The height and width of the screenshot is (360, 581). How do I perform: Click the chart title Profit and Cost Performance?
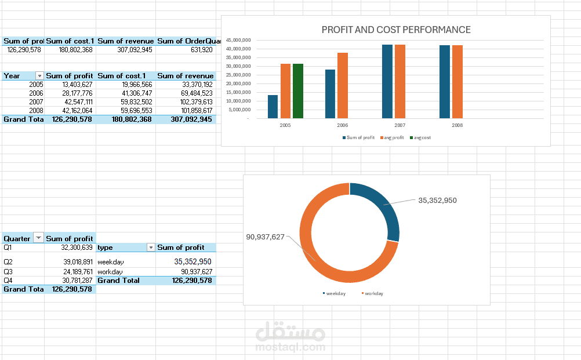(x=396, y=30)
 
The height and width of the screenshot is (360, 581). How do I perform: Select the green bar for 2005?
(x=297, y=91)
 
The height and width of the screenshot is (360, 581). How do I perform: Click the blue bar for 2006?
(x=330, y=94)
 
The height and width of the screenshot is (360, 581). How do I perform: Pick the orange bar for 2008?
(x=457, y=82)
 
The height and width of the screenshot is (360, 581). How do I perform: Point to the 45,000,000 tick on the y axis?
(x=238, y=40)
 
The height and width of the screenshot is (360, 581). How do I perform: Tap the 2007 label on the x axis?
(x=400, y=125)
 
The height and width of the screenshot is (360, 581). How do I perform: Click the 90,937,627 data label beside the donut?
(x=265, y=237)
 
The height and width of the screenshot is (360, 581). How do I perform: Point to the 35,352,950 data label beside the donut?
(x=437, y=201)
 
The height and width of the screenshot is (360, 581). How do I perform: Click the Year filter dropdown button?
(x=39, y=76)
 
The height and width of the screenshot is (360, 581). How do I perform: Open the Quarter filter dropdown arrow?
(x=38, y=238)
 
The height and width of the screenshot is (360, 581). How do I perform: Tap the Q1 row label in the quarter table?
(x=8, y=247)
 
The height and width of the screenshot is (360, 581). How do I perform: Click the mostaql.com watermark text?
(x=289, y=347)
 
